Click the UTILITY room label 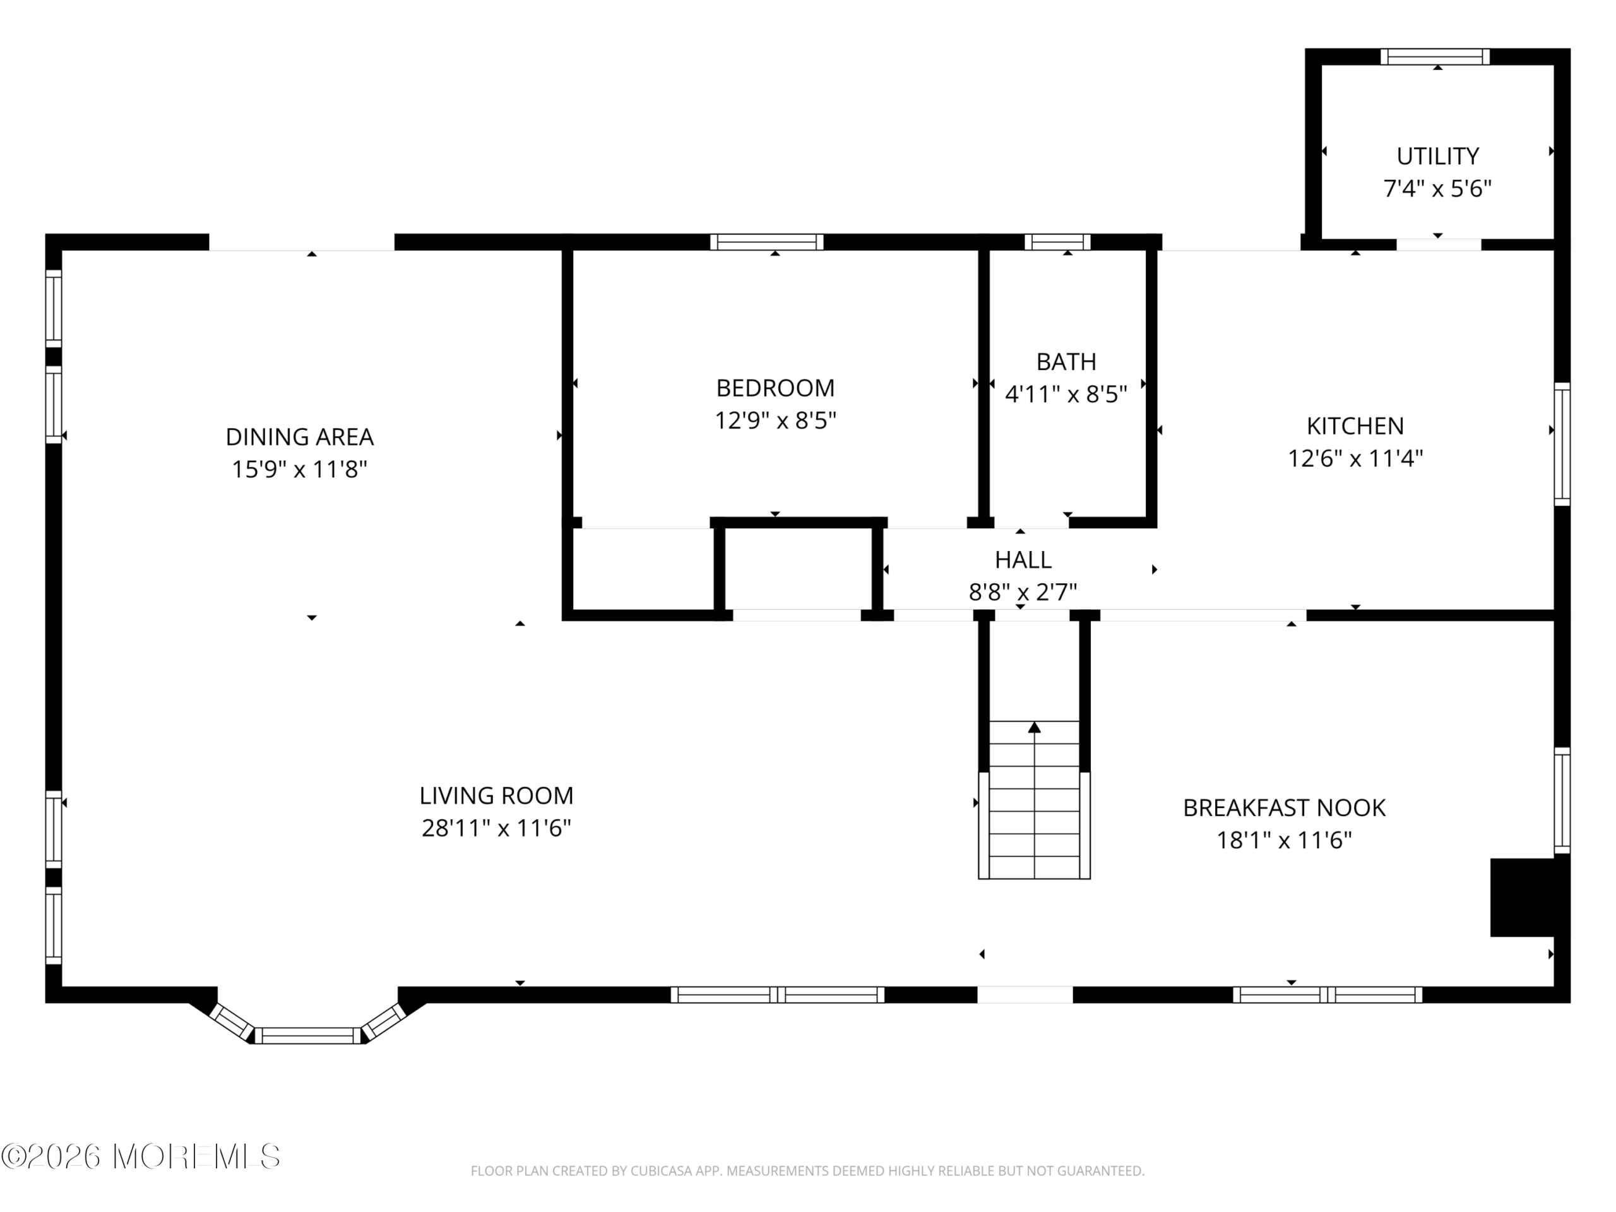pyautogui.click(x=1437, y=157)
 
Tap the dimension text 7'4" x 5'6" pyautogui.click(x=1437, y=189)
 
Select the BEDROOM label pyautogui.click(x=775, y=388)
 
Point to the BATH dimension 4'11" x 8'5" pyautogui.click(x=1066, y=395)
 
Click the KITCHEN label pyautogui.click(x=1355, y=426)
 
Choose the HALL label pyautogui.click(x=1023, y=560)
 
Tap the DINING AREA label pyautogui.click(x=300, y=437)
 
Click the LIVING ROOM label pyautogui.click(x=496, y=795)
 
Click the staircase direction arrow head pyautogui.click(x=1035, y=728)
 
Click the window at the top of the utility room pyautogui.click(x=1435, y=57)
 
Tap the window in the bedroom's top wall pyautogui.click(x=767, y=242)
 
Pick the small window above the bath pyautogui.click(x=1058, y=242)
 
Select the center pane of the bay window pyautogui.click(x=307, y=1036)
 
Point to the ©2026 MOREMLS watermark pyautogui.click(x=141, y=1156)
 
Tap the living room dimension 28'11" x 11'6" pyautogui.click(x=496, y=828)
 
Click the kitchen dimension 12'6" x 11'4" pyautogui.click(x=1355, y=459)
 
